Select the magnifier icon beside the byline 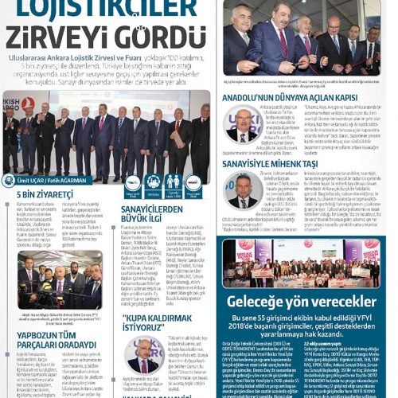click(x=10, y=181)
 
